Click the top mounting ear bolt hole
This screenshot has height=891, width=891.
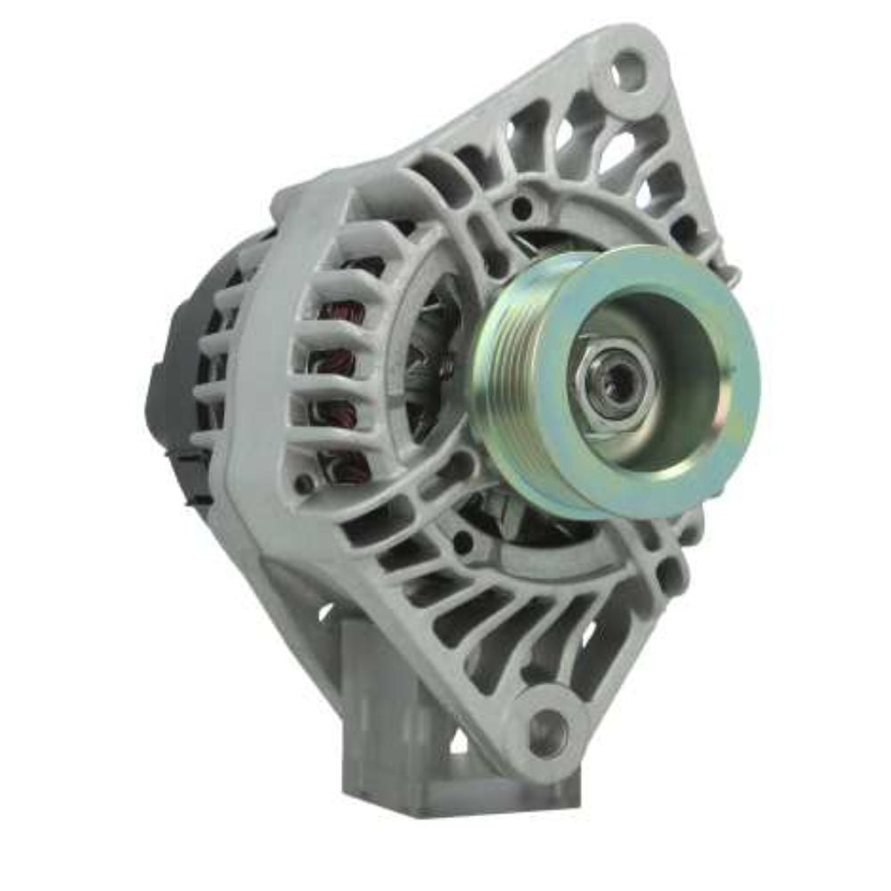[629, 69]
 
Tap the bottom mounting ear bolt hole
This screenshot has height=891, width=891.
[547, 732]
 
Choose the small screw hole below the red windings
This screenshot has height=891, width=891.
[306, 484]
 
